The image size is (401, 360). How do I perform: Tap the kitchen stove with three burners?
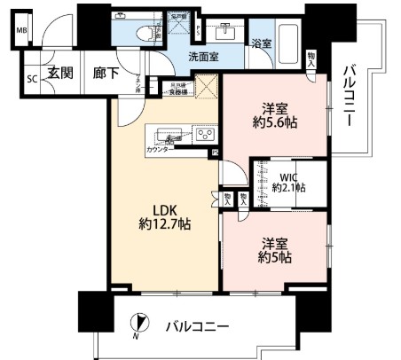coord(204,136)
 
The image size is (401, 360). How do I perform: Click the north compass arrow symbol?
coord(138,325)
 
